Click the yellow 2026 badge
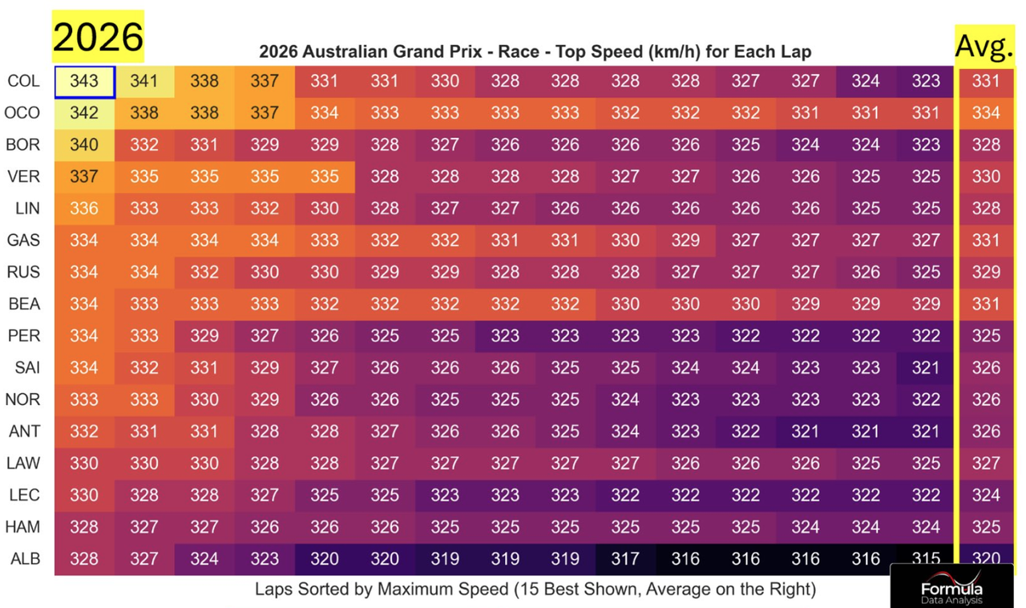[98, 37]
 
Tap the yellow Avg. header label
[984, 47]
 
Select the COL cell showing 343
[84, 82]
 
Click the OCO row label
[23, 113]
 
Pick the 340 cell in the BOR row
[84, 145]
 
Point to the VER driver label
[23, 176]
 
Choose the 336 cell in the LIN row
[84, 209]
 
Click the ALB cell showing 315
[926, 558]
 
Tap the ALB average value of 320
[986, 558]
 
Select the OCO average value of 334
[986, 113]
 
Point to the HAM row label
[23, 527]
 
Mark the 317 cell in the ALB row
[625, 558]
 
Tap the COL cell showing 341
[144, 82]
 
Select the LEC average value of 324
[986, 495]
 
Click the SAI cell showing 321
[926, 367]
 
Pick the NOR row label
[23, 399]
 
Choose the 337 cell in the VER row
[84, 176]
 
